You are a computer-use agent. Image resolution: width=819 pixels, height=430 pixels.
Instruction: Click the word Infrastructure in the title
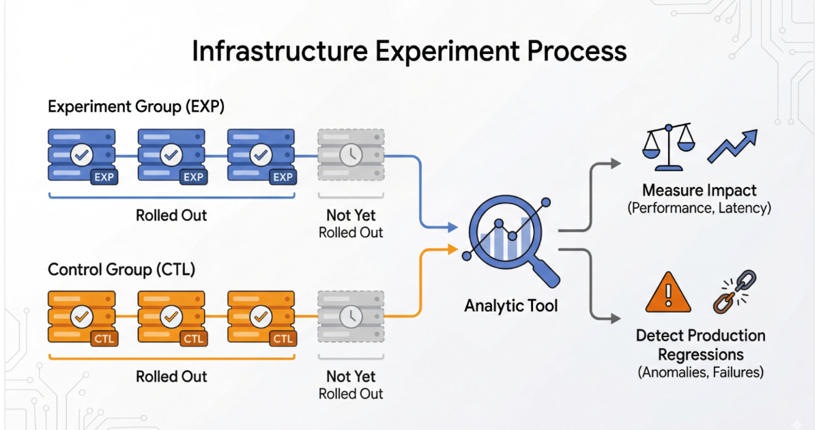(280, 51)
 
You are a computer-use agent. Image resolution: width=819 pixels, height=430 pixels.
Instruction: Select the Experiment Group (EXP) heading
(136, 106)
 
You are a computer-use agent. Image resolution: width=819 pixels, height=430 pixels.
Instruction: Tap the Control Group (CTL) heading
(121, 270)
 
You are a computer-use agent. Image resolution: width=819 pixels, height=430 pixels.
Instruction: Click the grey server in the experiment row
(351, 155)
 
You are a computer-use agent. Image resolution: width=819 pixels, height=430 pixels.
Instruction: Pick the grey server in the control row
(351, 317)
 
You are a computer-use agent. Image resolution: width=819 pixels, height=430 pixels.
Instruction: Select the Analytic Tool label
(511, 306)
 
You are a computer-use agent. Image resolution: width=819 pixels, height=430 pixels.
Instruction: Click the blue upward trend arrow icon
(732, 146)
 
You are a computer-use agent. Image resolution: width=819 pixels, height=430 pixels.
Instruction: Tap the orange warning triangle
(668, 293)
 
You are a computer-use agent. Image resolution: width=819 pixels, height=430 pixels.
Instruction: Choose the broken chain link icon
(735, 292)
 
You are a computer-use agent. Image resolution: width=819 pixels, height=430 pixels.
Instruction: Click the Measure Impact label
(700, 190)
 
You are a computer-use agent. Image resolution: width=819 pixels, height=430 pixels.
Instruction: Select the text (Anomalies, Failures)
(701, 372)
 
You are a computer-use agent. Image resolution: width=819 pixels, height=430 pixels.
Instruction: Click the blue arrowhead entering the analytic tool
(453, 227)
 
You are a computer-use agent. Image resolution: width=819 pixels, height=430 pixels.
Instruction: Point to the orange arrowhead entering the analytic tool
(453, 250)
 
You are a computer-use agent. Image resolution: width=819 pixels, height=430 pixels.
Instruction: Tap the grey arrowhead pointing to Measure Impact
(616, 163)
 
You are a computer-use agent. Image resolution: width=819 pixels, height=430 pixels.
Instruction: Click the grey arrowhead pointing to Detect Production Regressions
(616, 319)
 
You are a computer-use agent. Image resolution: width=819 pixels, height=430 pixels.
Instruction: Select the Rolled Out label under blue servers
(171, 216)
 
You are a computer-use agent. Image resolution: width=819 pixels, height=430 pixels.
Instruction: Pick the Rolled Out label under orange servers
(171, 377)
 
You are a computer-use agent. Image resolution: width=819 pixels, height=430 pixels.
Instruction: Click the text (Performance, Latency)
(700, 208)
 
